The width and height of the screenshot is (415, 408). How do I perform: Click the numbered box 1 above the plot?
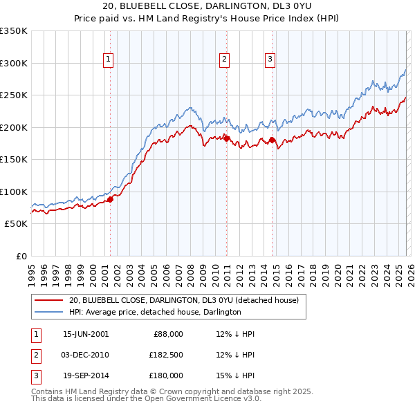point(109,60)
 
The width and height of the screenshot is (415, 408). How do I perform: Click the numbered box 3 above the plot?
point(270,60)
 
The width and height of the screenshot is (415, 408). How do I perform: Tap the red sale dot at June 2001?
point(110,199)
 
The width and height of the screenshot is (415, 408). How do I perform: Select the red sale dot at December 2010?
point(226,138)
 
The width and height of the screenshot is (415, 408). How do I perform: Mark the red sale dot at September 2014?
point(272,140)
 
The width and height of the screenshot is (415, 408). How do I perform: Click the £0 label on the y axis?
point(21,256)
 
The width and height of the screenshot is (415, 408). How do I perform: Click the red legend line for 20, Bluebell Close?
point(49,301)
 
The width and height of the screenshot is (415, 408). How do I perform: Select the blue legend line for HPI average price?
point(49,312)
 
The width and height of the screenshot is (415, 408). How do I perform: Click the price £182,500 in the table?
point(167,355)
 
